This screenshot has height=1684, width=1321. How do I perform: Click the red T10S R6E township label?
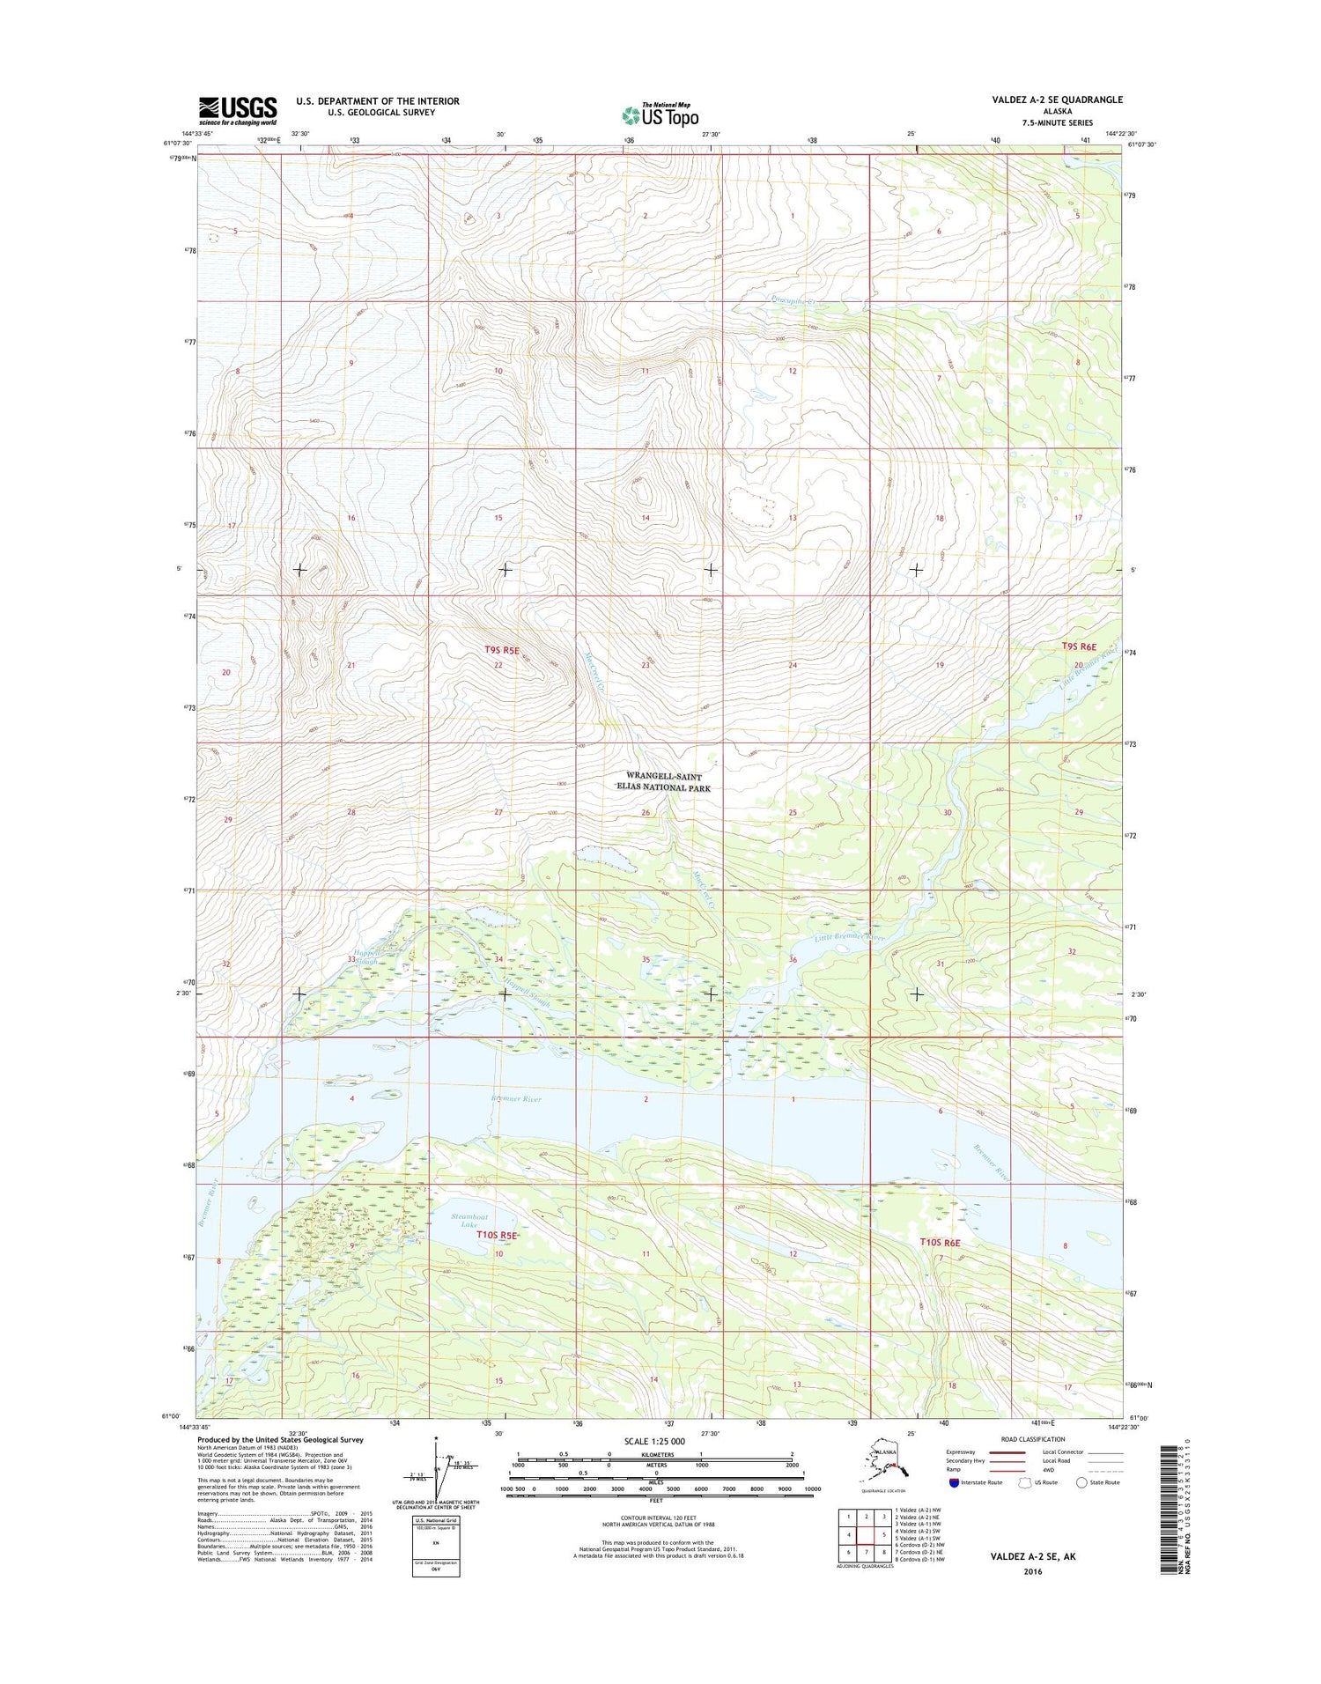pos(940,1242)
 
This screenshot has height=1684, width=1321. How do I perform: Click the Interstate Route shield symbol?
pos(953,1482)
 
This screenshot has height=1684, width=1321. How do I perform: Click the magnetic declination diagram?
pos(437,1472)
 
